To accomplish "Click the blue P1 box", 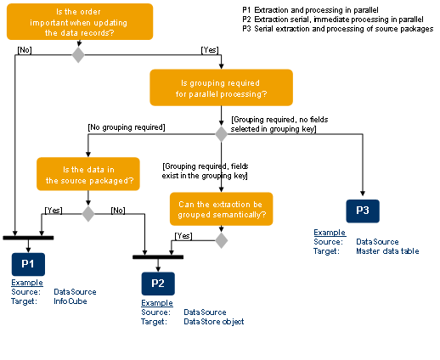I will [28, 262].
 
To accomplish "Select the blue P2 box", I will [158, 282].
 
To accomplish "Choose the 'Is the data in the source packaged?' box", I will [87, 173].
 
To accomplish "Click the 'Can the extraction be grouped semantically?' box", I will [221, 209].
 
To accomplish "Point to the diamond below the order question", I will [78, 55].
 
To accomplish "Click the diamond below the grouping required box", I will [222, 133].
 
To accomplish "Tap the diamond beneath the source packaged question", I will [87, 213].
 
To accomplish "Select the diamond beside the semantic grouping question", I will [222, 241].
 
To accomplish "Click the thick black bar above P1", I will [28, 237].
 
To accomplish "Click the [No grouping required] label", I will [126, 127].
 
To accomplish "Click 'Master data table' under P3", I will [386, 250].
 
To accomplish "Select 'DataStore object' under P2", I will [214, 320].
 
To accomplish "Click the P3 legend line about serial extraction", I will [337, 29].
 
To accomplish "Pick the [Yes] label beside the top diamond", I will [209, 48].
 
